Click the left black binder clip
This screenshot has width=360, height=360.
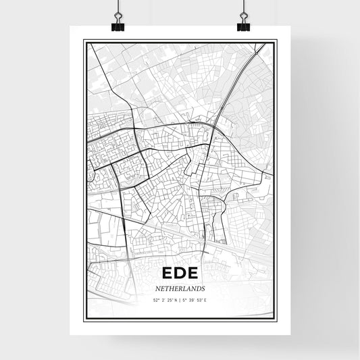point(118,26)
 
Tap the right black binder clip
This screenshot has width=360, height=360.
point(243,26)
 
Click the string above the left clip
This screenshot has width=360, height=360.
point(118,5)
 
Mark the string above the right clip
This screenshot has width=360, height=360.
point(243,5)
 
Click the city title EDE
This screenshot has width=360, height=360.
point(180,274)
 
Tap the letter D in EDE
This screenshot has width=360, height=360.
point(180,274)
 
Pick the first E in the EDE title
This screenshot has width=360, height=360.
point(168,274)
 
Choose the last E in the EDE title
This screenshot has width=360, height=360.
point(193,274)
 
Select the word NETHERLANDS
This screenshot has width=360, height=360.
point(180,288)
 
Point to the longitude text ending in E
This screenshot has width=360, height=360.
point(195,299)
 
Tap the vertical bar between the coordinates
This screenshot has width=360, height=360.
point(180,299)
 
